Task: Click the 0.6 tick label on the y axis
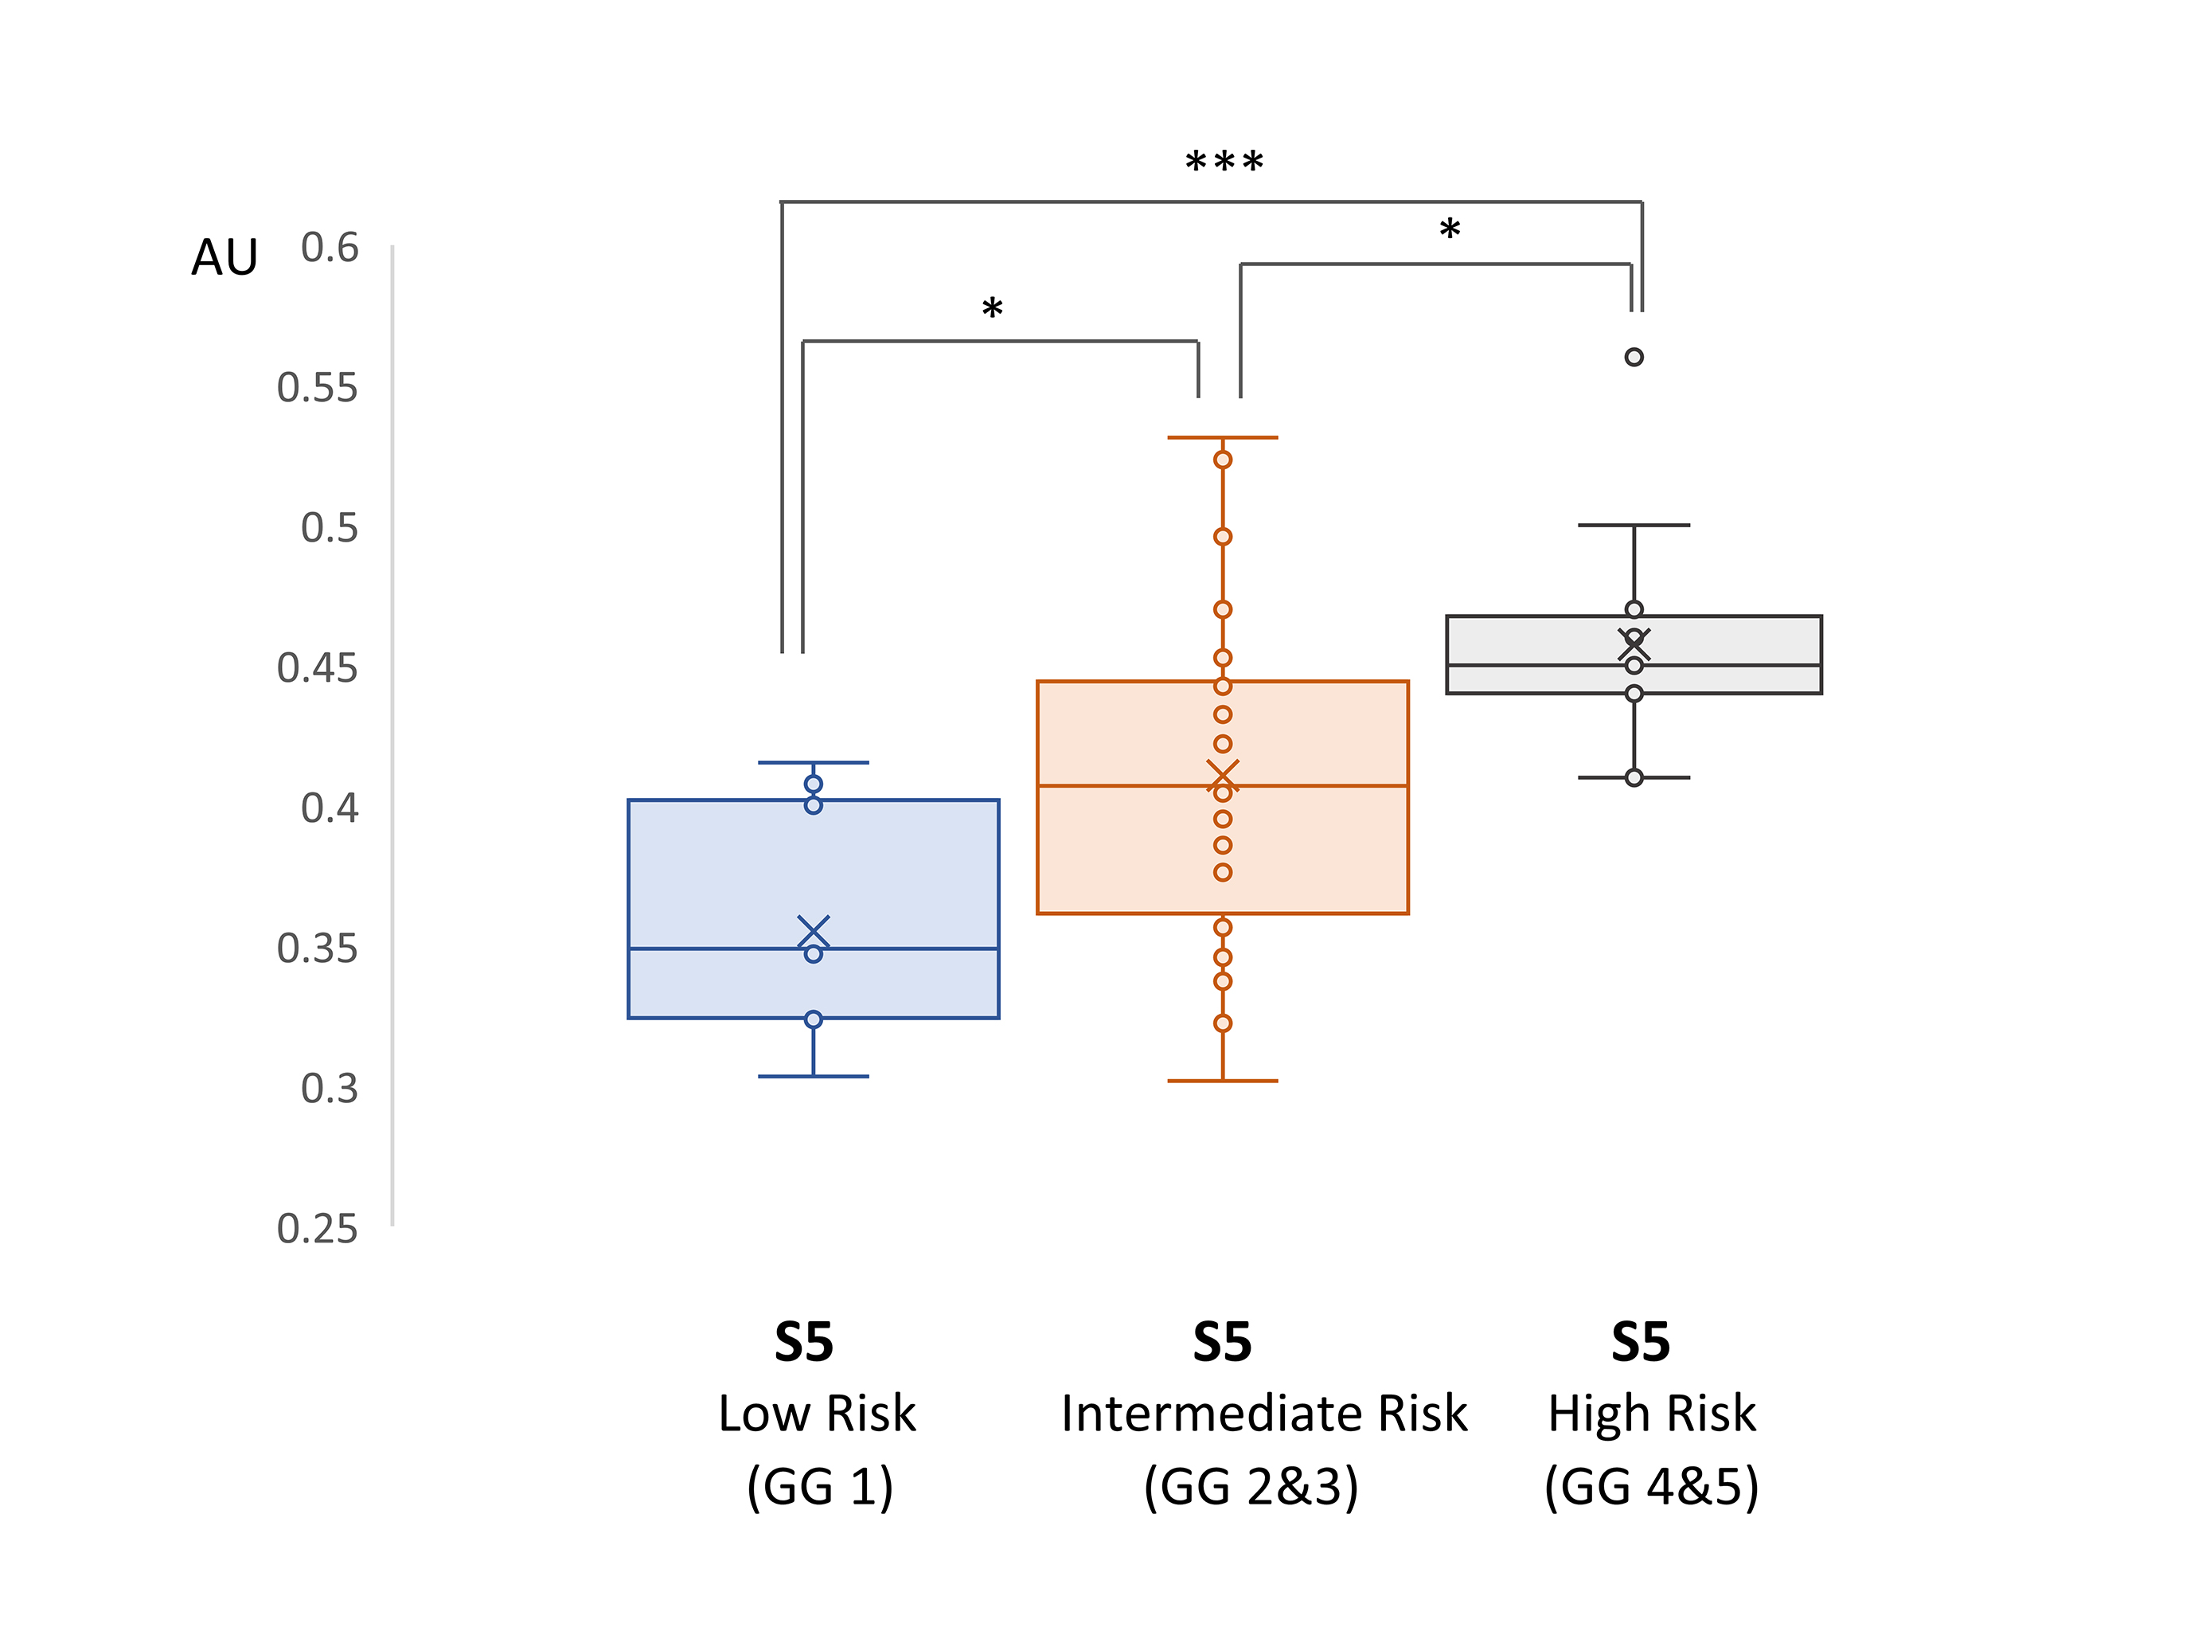(x=330, y=248)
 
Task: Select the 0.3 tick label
(x=330, y=1090)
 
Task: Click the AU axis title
(x=224, y=258)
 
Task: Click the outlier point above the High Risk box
(x=1634, y=357)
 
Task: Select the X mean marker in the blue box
(x=814, y=932)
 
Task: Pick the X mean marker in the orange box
(x=1223, y=776)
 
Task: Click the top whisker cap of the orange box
(x=1223, y=437)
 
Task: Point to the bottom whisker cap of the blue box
(x=814, y=1077)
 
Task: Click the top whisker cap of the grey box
(x=1634, y=526)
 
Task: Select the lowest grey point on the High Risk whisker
(x=1634, y=778)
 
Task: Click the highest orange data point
(x=1223, y=460)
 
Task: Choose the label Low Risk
(x=818, y=1414)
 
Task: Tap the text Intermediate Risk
(x=1263, y=1414)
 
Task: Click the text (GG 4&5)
(x=1651, y=1487)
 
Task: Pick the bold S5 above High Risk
(x=1641, y=1343)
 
